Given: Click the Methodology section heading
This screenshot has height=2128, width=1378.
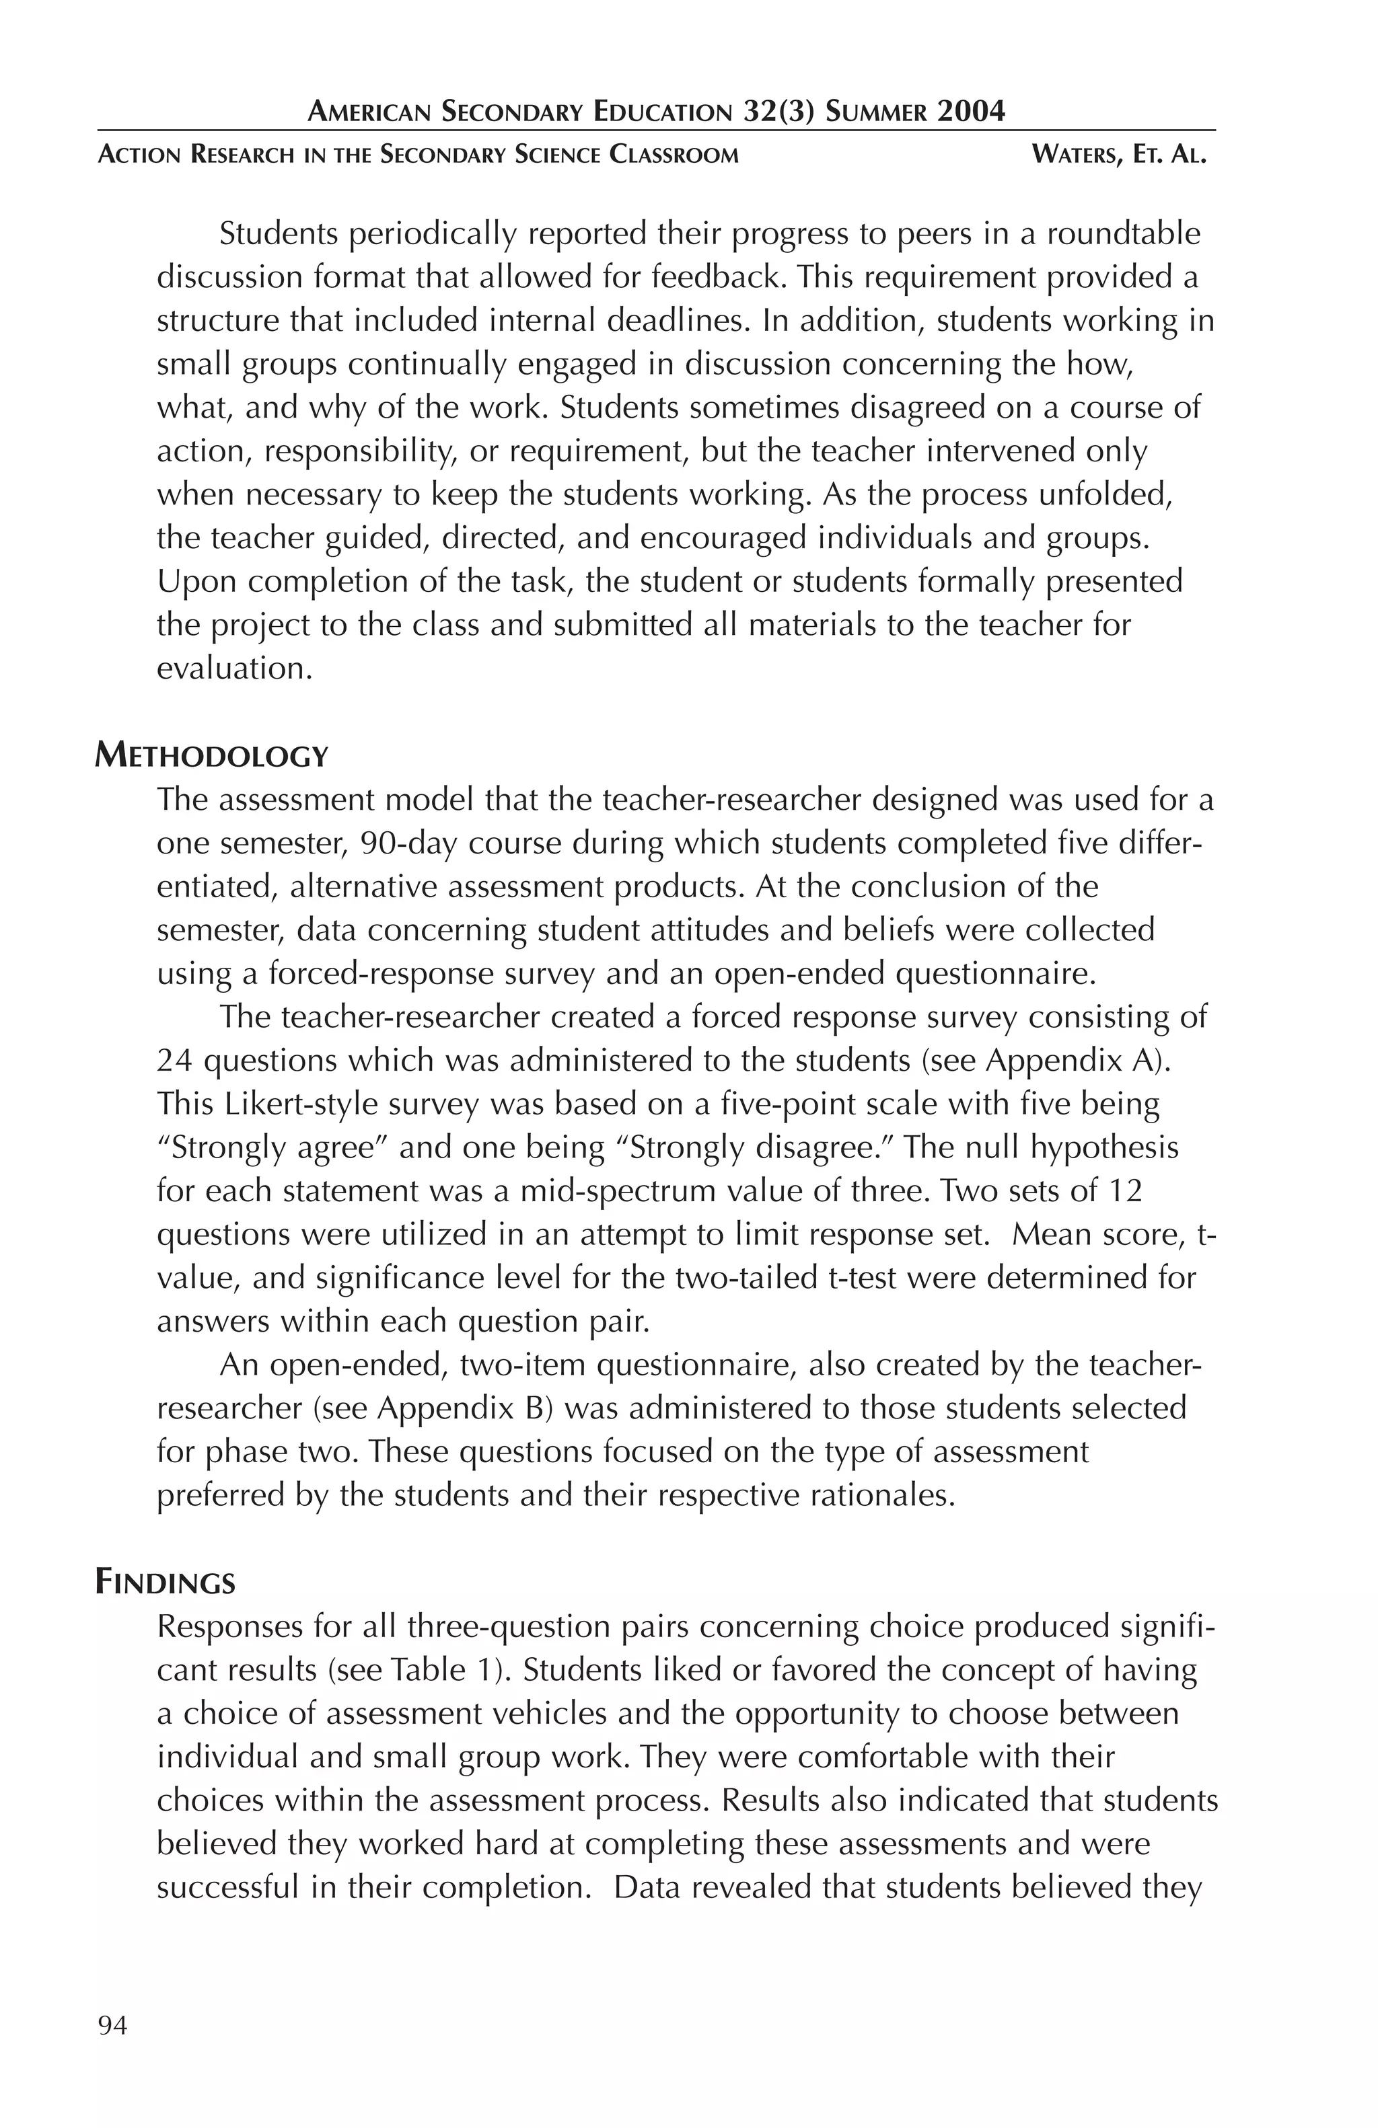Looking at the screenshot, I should pos(212,757).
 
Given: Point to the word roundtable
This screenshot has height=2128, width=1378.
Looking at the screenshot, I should pos(1123,234).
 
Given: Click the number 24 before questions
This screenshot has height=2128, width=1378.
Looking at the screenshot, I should pos(175,1061).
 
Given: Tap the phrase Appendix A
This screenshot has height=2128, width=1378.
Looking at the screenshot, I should pos(1076,1061).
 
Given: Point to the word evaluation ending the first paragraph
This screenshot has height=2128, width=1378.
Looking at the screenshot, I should pos(234,668).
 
